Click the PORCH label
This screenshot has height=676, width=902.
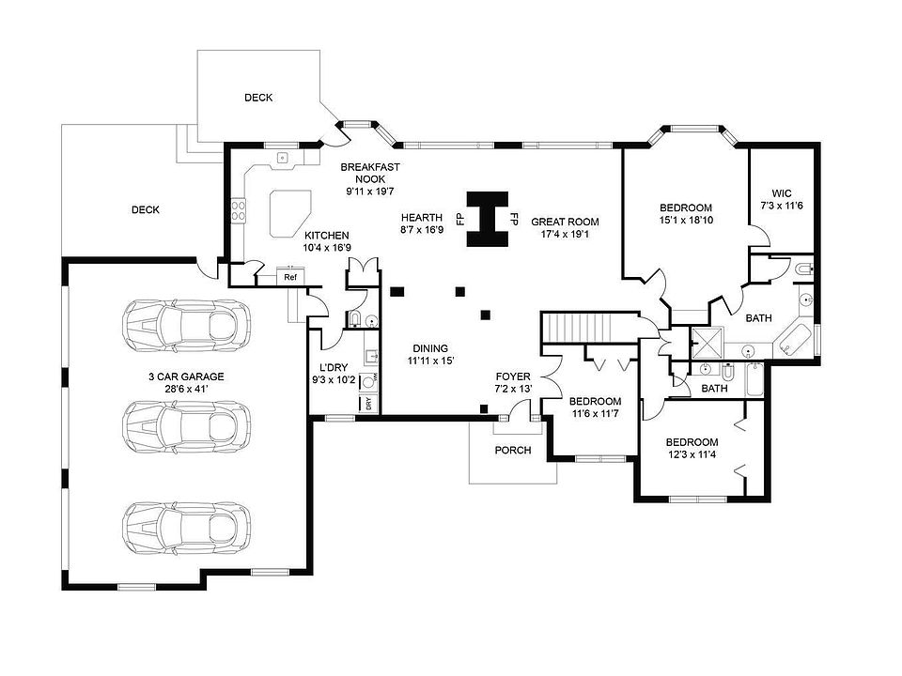tap(513, 450)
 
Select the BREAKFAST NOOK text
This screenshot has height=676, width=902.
tap(370, 173)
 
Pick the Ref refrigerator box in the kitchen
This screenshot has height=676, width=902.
tap(290, 278)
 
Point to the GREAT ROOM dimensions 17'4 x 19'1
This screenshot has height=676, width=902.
tap(565, 235)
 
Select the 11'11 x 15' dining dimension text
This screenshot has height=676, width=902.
tap(431, 360)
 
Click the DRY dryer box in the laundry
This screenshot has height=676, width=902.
tap(368, 404)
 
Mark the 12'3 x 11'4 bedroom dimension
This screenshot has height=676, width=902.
tap(692, 456)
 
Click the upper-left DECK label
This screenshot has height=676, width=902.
tap(258, 98)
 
